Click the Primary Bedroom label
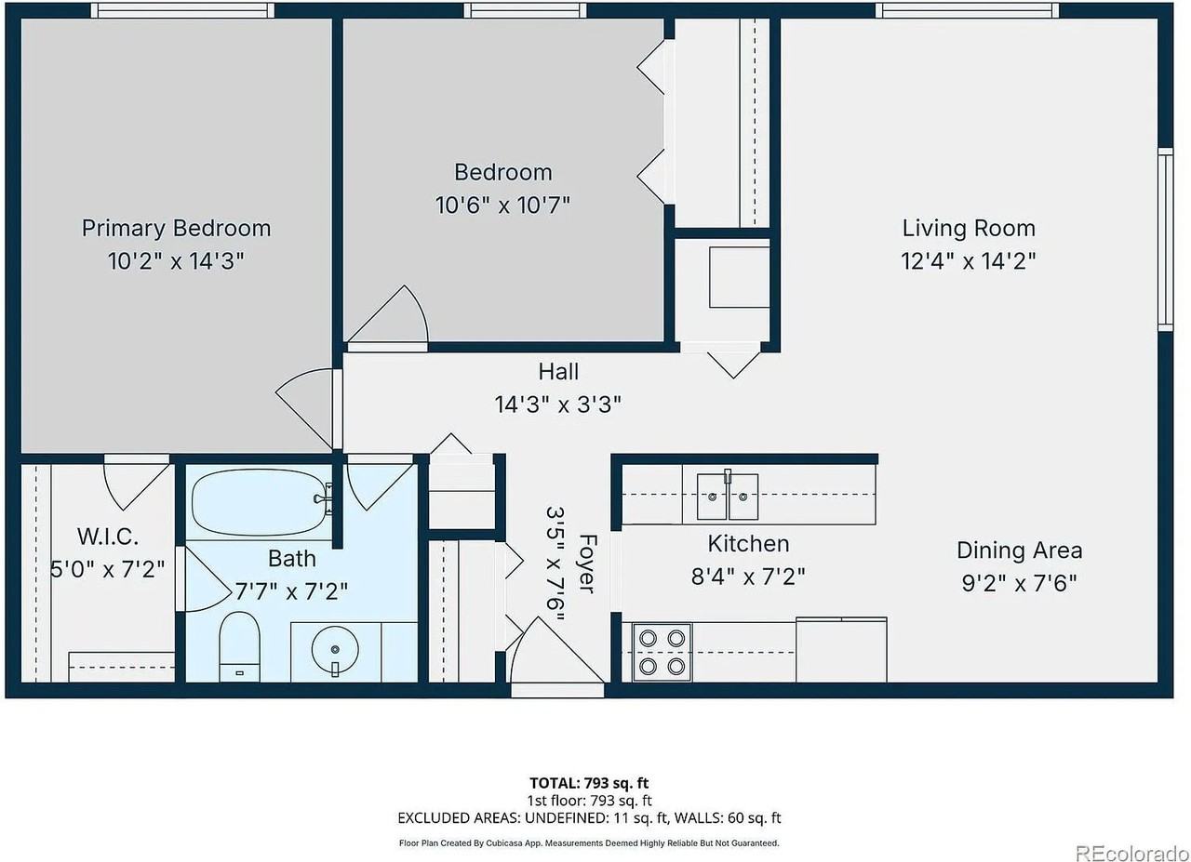[176, 228]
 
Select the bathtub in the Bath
[260, 502]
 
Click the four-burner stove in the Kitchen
[662, 652]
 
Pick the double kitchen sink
[728, 497]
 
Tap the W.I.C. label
[108, 537]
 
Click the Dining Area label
[1019, 550]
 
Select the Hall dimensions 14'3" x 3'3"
[558, 404]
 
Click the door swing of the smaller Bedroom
[391, 316]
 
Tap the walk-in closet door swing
[136, 479]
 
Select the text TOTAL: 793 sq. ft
[588, 783]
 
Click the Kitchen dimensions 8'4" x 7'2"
[748, 577]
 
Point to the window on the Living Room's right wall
[1164, 239]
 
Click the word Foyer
[586, 563]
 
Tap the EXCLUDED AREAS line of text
[588, 818]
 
